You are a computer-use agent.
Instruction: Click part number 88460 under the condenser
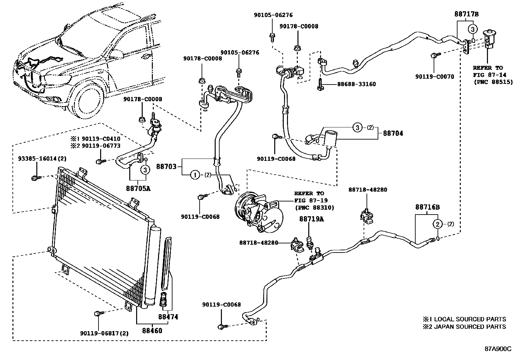click(152, 331)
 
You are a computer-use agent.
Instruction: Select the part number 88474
click(168, 317)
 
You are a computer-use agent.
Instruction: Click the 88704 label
click(393, 133)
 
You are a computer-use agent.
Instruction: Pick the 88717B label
click(466, 14)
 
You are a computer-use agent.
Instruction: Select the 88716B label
click(427, 207)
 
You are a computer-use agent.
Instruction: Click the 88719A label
click(311, 219)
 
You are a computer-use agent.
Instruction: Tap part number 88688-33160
click(356, 84)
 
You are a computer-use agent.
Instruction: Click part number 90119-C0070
click(435, 77)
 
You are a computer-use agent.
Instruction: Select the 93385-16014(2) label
click(42, 159)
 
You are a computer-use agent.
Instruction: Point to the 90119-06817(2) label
click(104, 333)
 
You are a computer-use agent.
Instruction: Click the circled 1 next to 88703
click(195, 175)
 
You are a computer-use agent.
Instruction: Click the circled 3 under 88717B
click(472, 29)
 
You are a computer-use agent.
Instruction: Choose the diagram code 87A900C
click(498, 349)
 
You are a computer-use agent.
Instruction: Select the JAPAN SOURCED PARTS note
click(464, 327)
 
